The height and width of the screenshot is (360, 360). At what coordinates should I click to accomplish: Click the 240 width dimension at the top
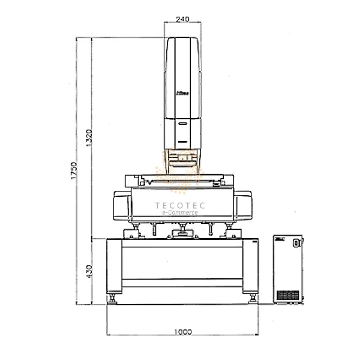(x=184, y=19)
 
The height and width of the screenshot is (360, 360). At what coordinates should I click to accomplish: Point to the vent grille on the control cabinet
(x=289, y=296)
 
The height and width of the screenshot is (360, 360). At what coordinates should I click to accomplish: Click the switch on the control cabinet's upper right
(x=295, y=244)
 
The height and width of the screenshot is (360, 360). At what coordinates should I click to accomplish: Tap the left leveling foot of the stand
(x=112, y=298)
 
